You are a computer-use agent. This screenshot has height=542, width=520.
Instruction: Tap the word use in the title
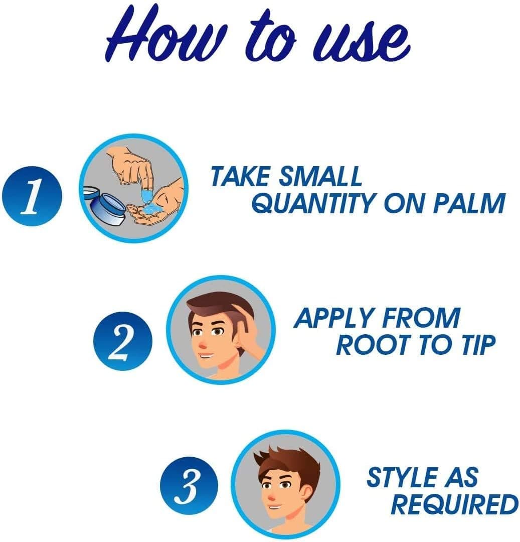pyautogui.click(x=361, y=42)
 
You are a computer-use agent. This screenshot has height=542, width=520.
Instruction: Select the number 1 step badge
pyautogui.click(x=32, y=196)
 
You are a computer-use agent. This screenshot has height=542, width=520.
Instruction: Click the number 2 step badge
pyautogui.click(x=122, y=341)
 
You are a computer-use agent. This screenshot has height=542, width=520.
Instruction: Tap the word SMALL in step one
pyautogui.click(x=320, y=176)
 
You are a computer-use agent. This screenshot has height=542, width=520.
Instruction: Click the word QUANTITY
pyautogui.click(x=314, y=203)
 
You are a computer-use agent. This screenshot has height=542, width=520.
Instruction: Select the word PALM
pyautogui.click(x=469, y=203)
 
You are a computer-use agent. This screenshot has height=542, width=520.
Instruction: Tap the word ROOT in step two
pyautogui.click(x=374, y=345)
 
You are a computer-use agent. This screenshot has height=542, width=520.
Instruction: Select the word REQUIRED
pyautogui.click(x=454, y=505)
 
